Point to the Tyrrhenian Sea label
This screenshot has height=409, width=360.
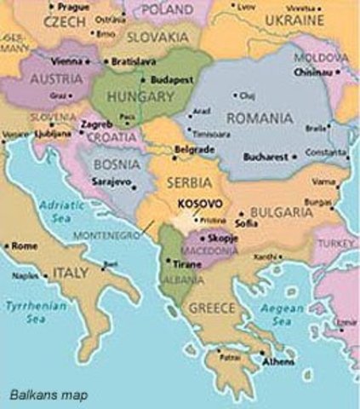25,310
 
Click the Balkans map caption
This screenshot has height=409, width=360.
49,395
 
